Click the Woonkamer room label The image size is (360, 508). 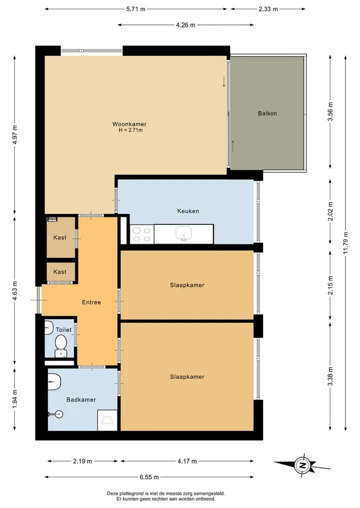(129, 124)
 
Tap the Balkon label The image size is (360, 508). (267, 113)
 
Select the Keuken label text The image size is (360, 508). (188, 211)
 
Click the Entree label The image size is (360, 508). (91, 302)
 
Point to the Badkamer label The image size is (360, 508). (81, 400)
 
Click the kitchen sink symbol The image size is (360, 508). (183, 234)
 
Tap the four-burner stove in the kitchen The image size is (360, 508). (142, 234)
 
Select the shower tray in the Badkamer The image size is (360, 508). (107, 421)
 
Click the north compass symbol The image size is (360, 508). (302, 466)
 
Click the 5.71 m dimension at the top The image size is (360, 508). (136, 9)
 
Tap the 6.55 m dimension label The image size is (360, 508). (149, 477)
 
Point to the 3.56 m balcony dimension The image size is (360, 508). (330, 111)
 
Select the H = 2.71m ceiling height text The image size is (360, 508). (130, 130)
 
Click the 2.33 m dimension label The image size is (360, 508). (268, 9)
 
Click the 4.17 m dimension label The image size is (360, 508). (187, 461)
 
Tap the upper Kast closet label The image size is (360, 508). (59, 237)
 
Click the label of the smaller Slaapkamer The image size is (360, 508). (187, 285)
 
